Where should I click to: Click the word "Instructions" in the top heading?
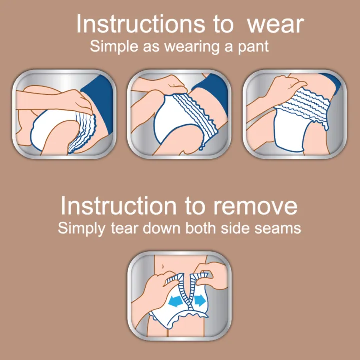tap(140, 24)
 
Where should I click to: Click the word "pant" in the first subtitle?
tap(253, 48)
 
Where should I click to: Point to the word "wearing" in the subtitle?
tap(192, 48)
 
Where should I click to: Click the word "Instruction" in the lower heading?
tap(118, 206)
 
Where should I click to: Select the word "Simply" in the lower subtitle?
tap(82, 229)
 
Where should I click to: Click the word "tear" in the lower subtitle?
tap(125, 229)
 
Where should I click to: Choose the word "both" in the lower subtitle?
tap(200, 228)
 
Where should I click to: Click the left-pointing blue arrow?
tap(176, 301)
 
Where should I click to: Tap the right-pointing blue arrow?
tap(200, 301)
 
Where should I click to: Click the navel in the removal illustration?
tap(162, 266)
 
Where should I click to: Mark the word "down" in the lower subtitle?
tap(162, 228)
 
